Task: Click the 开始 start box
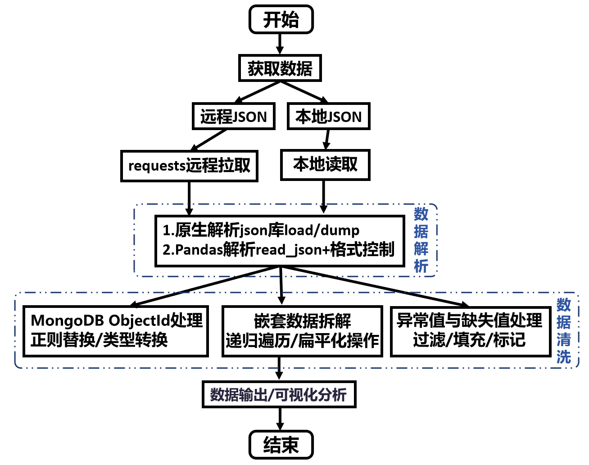coord(281,19)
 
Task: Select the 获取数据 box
coord(280,68)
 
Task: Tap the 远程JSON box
coord(234,117)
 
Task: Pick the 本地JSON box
coord(328,117)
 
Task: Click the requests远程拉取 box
coord(189,166)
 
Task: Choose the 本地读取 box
coord(325,165)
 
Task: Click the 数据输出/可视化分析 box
coord(279,395)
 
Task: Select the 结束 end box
coord(281,445)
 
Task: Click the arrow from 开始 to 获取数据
coord(280,44)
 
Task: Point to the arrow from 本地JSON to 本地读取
coord(327,140)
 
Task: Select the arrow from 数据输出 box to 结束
coord(280,419)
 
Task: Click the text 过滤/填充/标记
coord(469,340)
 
